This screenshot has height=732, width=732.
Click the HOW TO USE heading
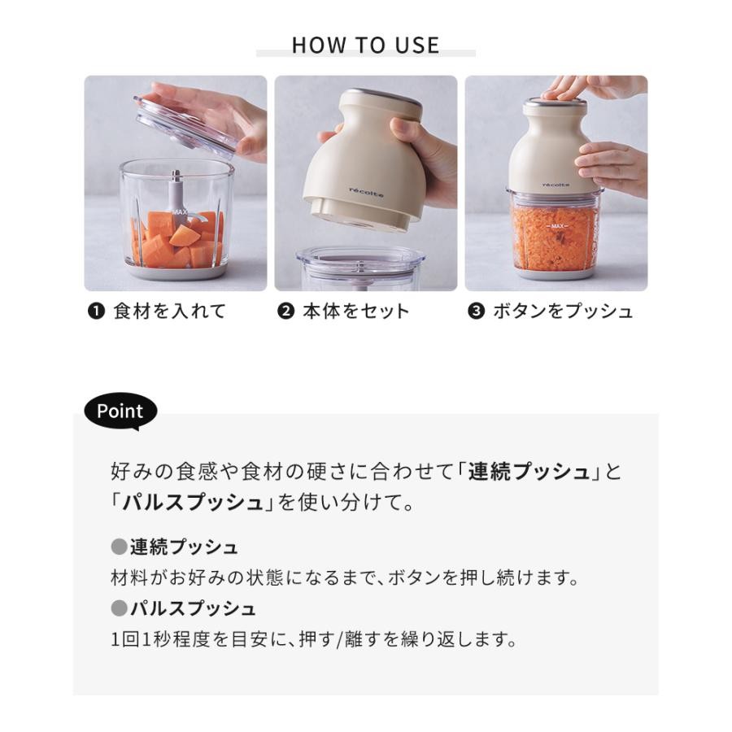pyautogui.click(x=365, y=46)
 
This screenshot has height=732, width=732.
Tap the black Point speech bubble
pyautogui.click(x=120, y=412)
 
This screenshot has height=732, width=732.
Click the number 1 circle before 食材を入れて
pyautogui.click(x=96, y=311)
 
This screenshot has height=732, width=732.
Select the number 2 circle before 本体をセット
pyautogui.click(x=285, y=311)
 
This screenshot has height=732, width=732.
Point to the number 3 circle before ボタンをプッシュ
pyautogui.click(x=476, y=311)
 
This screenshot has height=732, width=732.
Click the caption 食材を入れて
pyautogui.click(x=170, y=311)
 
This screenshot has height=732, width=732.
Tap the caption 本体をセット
pyautogui.click(x=355, y=311)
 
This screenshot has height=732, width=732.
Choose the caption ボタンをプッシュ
pyautogui.click(x=563, y=311)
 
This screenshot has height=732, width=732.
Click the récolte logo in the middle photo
pyautogui.click(x=367, y=192)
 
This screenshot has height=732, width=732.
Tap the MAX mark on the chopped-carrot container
pyautogui.click(x=557, y=226)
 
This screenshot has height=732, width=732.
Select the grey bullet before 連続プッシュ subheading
pyautogui.click(x=119, y=547)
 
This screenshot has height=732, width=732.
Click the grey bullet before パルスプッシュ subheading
pyautogui.click(x=119, y=608)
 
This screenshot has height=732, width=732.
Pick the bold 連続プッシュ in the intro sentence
pyautogui.click(x=529, y=472)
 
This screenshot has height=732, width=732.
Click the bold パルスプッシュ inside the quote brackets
pyautogui.click(x=193, y=503)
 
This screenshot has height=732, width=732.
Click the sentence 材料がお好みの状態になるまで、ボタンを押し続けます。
pyautogui.click(x=346, y=578)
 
